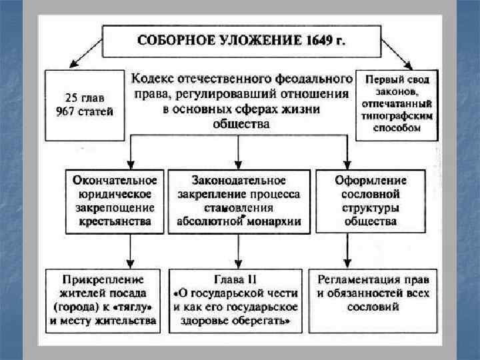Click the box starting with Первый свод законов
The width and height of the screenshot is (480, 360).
coord(396,105)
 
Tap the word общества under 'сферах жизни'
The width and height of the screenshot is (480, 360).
coord(242,124)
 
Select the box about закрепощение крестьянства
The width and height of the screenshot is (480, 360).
coord(115,201)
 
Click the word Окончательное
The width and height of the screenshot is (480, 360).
coord(115,181)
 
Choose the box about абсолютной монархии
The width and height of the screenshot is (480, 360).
coord(239,201)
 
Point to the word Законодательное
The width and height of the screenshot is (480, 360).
coord(239,181)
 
